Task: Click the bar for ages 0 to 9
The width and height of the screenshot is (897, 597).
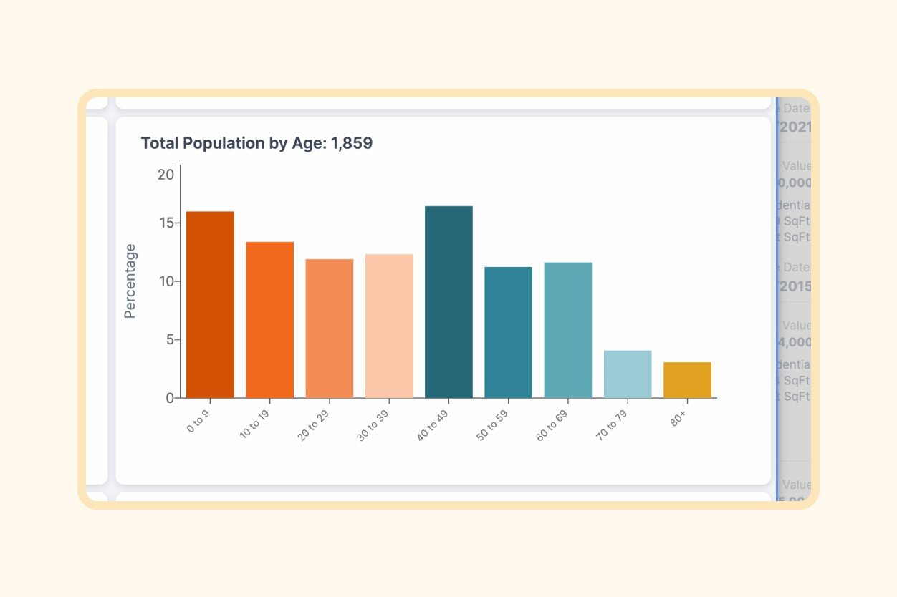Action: pos(210,304)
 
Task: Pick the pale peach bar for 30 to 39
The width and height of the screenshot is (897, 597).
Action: pos(389,326)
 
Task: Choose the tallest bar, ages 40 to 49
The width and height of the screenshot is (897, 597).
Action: pos(448,301)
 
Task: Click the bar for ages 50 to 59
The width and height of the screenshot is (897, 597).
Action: pos(509,332)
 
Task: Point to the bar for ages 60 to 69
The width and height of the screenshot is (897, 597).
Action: pos(568,330)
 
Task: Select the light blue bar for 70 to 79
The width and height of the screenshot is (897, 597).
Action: pos(628,374)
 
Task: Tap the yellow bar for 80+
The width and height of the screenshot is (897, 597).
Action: pos(687,380)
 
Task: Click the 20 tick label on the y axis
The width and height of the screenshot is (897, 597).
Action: pos(166,175)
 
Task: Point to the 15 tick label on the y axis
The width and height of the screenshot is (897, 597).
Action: pos(166,223)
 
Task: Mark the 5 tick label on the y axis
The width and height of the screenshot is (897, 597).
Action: pos(169,340)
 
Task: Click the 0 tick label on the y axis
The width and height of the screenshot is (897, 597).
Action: pos(169,398)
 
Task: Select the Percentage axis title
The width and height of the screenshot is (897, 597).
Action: pos(130,281)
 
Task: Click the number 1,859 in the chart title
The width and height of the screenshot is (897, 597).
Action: pos(352,143)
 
